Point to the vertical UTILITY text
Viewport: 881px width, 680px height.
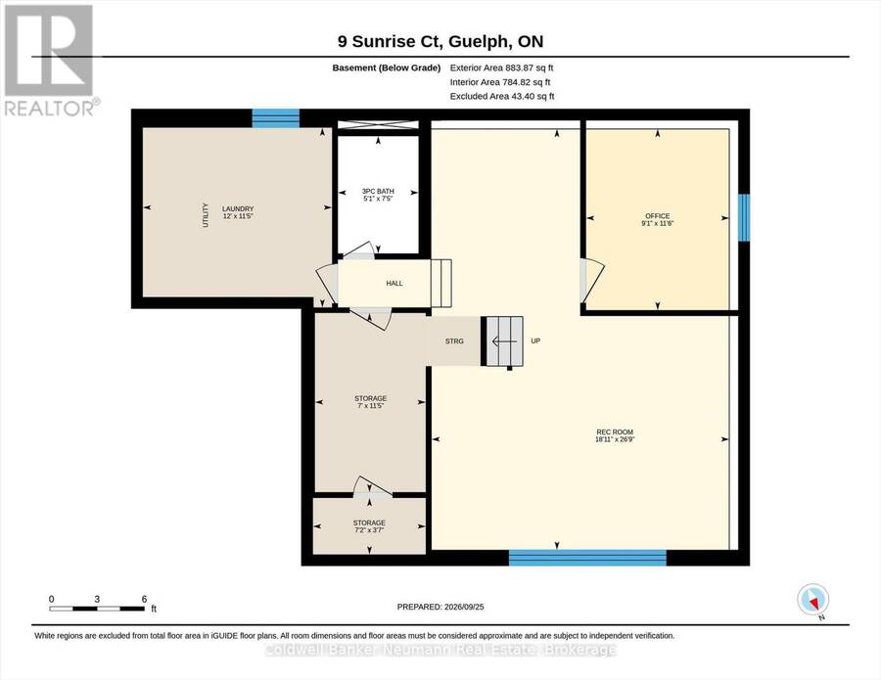(x=206, y=215)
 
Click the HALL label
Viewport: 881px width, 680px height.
(x=394, y=284)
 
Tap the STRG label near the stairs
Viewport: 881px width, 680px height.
(x=454, y=341)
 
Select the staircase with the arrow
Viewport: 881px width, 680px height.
(x=504, y=341)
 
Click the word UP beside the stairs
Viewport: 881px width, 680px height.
(x=535, y=340)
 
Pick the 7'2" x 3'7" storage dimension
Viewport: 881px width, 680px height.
(x=369, y=529)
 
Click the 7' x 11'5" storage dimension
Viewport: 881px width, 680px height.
(x=371, y=405)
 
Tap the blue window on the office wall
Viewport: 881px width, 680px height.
(x=743, y=217)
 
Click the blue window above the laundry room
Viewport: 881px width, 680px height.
(x=275, y=118)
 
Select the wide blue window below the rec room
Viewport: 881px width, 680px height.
(x=587, y=558)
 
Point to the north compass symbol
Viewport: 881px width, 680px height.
(x=813, y=600)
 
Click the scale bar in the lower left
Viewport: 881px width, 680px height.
(x=97, y=609)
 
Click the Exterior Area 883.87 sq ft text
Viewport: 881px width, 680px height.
(x=502, y=68)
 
